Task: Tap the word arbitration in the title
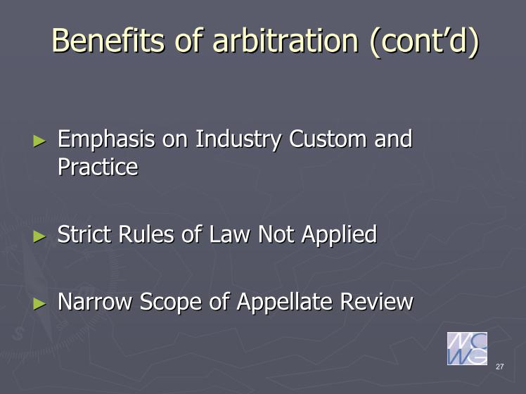pyautogui.click(x=286, y=40)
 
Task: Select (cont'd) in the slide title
pyautogui.click(x=424, y=42)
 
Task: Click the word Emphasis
pyautogui.click(x=106, y=139)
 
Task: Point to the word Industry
pyautogui.click(x=238, y=139)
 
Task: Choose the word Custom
pyautogui.click(x=328, y=139)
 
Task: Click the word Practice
pyautogui.click(x=98, y=167)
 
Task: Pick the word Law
pyautogui.click(x=229, y=234)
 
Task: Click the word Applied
pyautogui.click(x=339, y=235)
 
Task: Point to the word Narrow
pyautogui.click(x=95, y=301)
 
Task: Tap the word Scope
pyautogui.click(x=170, y=303)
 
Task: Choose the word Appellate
pyautogui.click(x=285, y=303)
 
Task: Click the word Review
pyautogui.click(x=377, y=301)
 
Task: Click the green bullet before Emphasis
pyautogui.click(x=39, y=141)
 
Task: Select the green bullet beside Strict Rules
pyautogui.click(x=39, y=236)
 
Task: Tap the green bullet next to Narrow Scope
pyautogui.click(x=39, y=304)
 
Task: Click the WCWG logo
pyautogui.click(x=467, y=348)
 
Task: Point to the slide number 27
pyautogui.click(x=499, y=367)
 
